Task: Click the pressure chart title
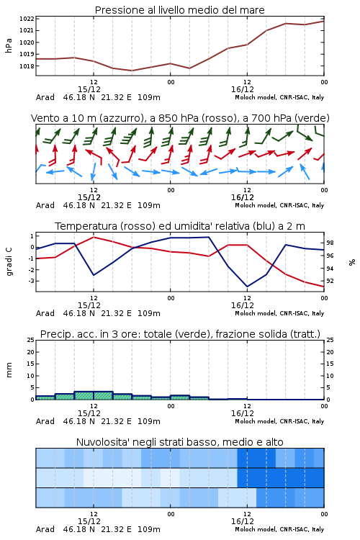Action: tap(179, 10)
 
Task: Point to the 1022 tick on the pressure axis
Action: tap(27, 19)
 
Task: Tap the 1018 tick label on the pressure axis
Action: tap(27, 66)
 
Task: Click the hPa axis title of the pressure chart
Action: tap(9, 45)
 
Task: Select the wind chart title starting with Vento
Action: tap(180, 118)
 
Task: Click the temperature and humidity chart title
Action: tap(180, 226)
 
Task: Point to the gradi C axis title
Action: tap(9, 261)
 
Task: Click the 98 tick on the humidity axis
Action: tap(330, 243)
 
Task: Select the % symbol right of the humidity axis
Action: tap(352, 262)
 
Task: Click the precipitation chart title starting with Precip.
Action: tap(180, 334)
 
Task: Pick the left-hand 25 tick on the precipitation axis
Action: tap(30, 340)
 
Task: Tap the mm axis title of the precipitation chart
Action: tap(9, 370)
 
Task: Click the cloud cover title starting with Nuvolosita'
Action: tap(179, 442)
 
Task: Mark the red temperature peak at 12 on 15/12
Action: tap(94, 237)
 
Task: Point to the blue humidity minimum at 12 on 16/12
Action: tap(247, 287)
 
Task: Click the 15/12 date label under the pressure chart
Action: tap(89, 89)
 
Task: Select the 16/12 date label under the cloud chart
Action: tap(242, 521)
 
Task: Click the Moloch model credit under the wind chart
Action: tap(279, 205)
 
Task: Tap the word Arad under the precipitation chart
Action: tap(45, 421)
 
